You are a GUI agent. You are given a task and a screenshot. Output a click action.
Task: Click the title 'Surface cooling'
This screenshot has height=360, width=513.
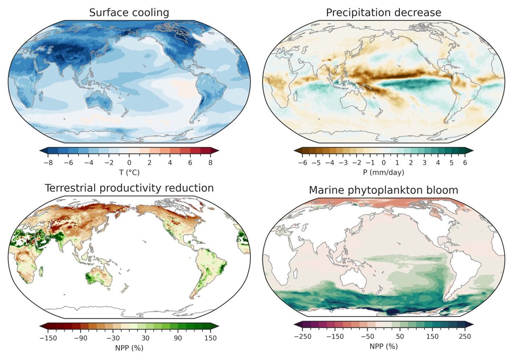click(129, 12)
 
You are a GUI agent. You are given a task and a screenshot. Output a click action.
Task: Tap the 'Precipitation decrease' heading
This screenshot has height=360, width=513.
click(383, 12)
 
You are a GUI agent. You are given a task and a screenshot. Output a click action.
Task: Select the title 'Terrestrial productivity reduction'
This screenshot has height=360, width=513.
click(129, 188)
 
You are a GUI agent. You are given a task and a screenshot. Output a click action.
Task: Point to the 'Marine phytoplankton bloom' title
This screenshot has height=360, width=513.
click(383, 190)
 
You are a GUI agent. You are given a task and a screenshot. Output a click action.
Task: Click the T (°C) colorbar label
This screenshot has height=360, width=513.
click(129, 172)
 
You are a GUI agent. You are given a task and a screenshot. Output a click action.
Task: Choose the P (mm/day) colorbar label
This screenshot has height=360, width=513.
click(384, 172)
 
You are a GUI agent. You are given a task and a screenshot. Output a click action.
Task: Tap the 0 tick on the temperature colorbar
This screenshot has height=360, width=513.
click(129, 163)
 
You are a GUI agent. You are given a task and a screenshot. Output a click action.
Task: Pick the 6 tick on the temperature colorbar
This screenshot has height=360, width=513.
click(190, 163)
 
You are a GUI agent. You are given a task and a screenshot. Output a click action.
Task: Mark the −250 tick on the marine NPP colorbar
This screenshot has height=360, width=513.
click(303, 336)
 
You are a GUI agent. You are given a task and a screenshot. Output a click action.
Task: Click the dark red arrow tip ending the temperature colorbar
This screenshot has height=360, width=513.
click(215, 151)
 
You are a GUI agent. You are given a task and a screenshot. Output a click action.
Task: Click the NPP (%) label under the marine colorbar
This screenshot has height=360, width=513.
click(384, 346)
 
